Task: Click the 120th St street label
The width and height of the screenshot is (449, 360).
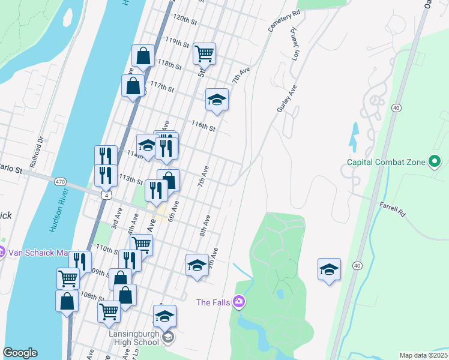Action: pyautogui.click(x=185, y=20)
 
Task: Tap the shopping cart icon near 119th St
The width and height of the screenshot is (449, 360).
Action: pyautogui.click(x=204, y=53)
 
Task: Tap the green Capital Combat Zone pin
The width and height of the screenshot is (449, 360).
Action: pyautogui.click(x=435, y=162)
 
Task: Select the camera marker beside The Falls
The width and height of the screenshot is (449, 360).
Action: pyautogui.click(x=239, y=301)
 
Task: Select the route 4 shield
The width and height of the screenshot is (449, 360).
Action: pyautogui.click(x=106, y=196)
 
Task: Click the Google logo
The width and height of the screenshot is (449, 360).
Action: pyautogui.click(x=20, y=353)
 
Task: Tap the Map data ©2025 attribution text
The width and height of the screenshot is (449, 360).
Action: pyautogui.click(x=423, y=355)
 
